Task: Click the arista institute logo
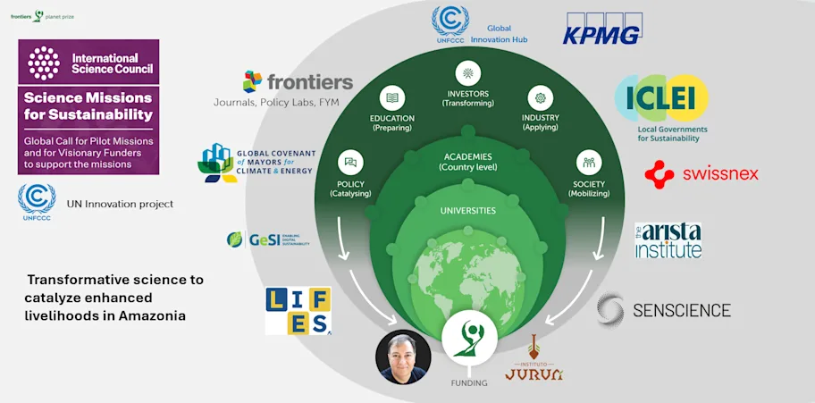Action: click(668, 239)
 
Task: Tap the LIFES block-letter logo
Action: click(298, 311)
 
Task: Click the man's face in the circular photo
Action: click(404, 354)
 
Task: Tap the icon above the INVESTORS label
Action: click(467, 74)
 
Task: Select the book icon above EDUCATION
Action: click(391, 97)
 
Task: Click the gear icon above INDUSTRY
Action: click(541, 97)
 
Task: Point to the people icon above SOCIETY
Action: click(588, 163)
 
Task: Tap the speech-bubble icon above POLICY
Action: click(350, 163)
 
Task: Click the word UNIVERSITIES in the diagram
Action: click(467, 212)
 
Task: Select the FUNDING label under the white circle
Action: click(469, 383)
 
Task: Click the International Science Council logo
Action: click(88, 63)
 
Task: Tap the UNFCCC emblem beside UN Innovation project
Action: click(37, 202)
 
